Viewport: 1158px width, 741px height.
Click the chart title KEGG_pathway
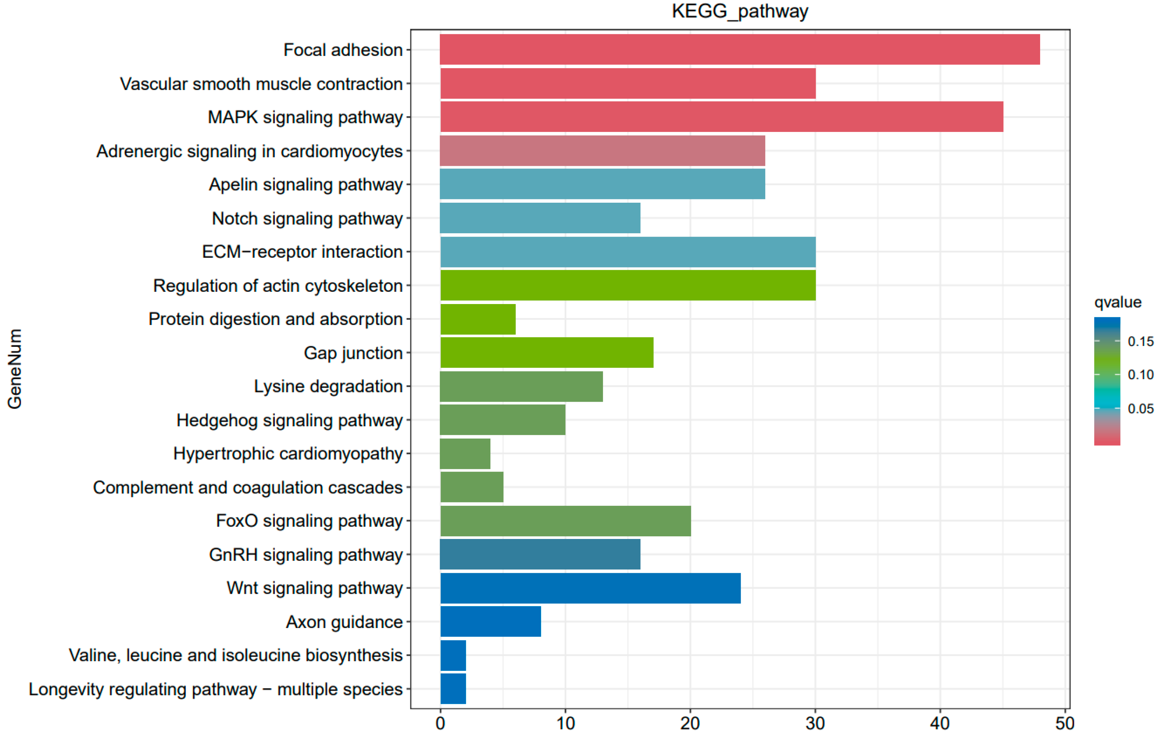coord(740,11)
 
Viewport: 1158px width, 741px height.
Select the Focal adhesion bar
coord(740,49)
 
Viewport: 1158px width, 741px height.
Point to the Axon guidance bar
coord(490,622)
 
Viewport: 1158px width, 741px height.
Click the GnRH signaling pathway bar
coord(540,554)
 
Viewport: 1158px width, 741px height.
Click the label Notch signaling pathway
coord(307,218)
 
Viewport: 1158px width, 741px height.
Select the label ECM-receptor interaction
coord(302,252)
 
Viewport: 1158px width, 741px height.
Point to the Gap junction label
coord(353,353)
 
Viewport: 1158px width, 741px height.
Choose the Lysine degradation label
coord(328,386)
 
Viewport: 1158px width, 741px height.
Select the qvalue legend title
coord(1117,302)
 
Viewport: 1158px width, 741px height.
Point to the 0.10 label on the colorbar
coord(1140,374)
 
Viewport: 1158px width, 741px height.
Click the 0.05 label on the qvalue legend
coord(1140,408)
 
